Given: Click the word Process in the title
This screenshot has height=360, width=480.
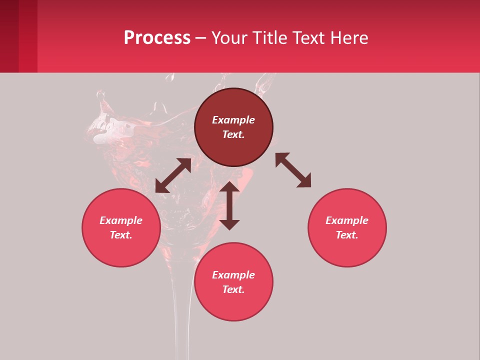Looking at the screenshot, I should click(157, 37).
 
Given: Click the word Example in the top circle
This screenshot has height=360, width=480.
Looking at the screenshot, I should click(233, 120).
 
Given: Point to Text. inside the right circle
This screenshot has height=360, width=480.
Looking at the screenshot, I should click(347, 235).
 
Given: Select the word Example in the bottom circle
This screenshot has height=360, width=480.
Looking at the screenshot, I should click(233, 275).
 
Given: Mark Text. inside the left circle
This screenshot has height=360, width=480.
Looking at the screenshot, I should click(121, 235).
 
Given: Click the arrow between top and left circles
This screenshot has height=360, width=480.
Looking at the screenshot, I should click(173, 175).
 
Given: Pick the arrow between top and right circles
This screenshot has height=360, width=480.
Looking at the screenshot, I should click(293, 170).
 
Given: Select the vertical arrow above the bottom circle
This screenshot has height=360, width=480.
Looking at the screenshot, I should click(229, 205).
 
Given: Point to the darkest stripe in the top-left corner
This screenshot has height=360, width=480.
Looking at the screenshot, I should click(9, 36).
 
